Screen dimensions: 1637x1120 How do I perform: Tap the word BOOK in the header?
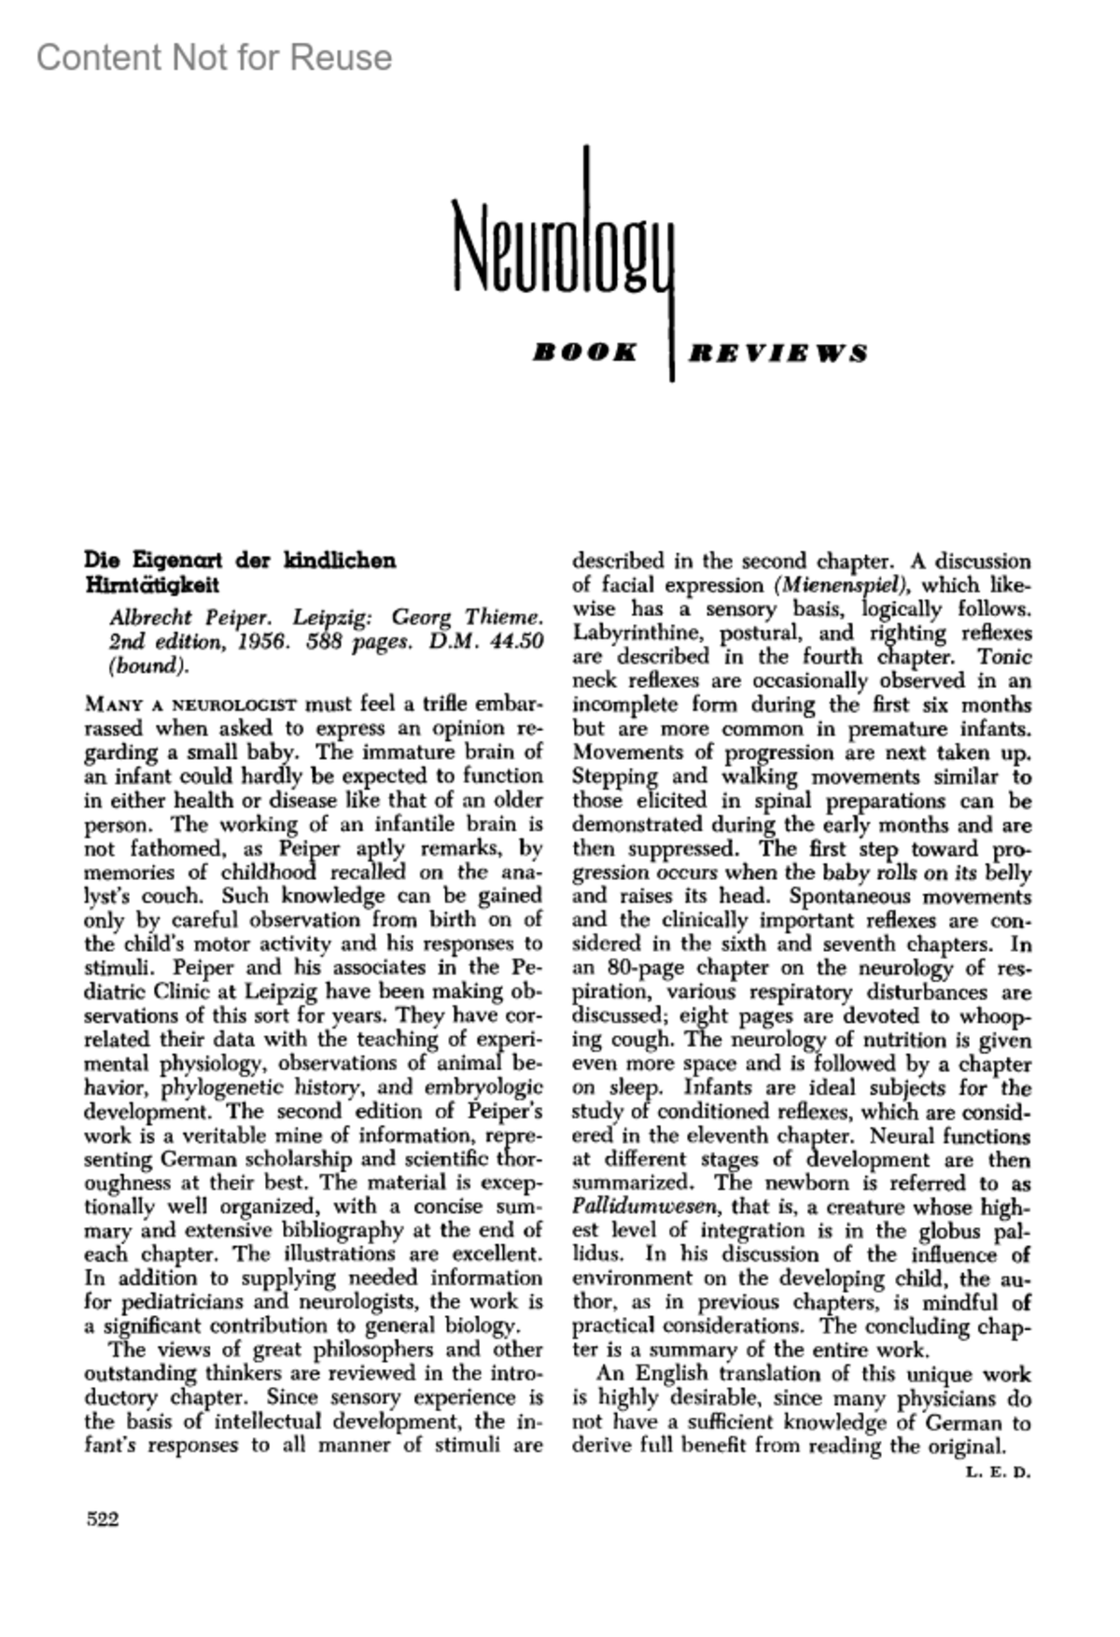(585, 353)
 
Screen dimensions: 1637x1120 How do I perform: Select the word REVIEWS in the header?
(777, 353)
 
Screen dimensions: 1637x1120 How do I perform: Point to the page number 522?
(103, 1519)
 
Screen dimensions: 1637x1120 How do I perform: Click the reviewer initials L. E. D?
(998, 1474)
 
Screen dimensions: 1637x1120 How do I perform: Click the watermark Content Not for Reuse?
(214, 58)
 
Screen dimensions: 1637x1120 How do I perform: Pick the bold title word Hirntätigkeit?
(152, 585)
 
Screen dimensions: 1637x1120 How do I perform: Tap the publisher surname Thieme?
(502, 618)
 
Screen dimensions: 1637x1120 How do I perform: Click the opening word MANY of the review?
(110, 705)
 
